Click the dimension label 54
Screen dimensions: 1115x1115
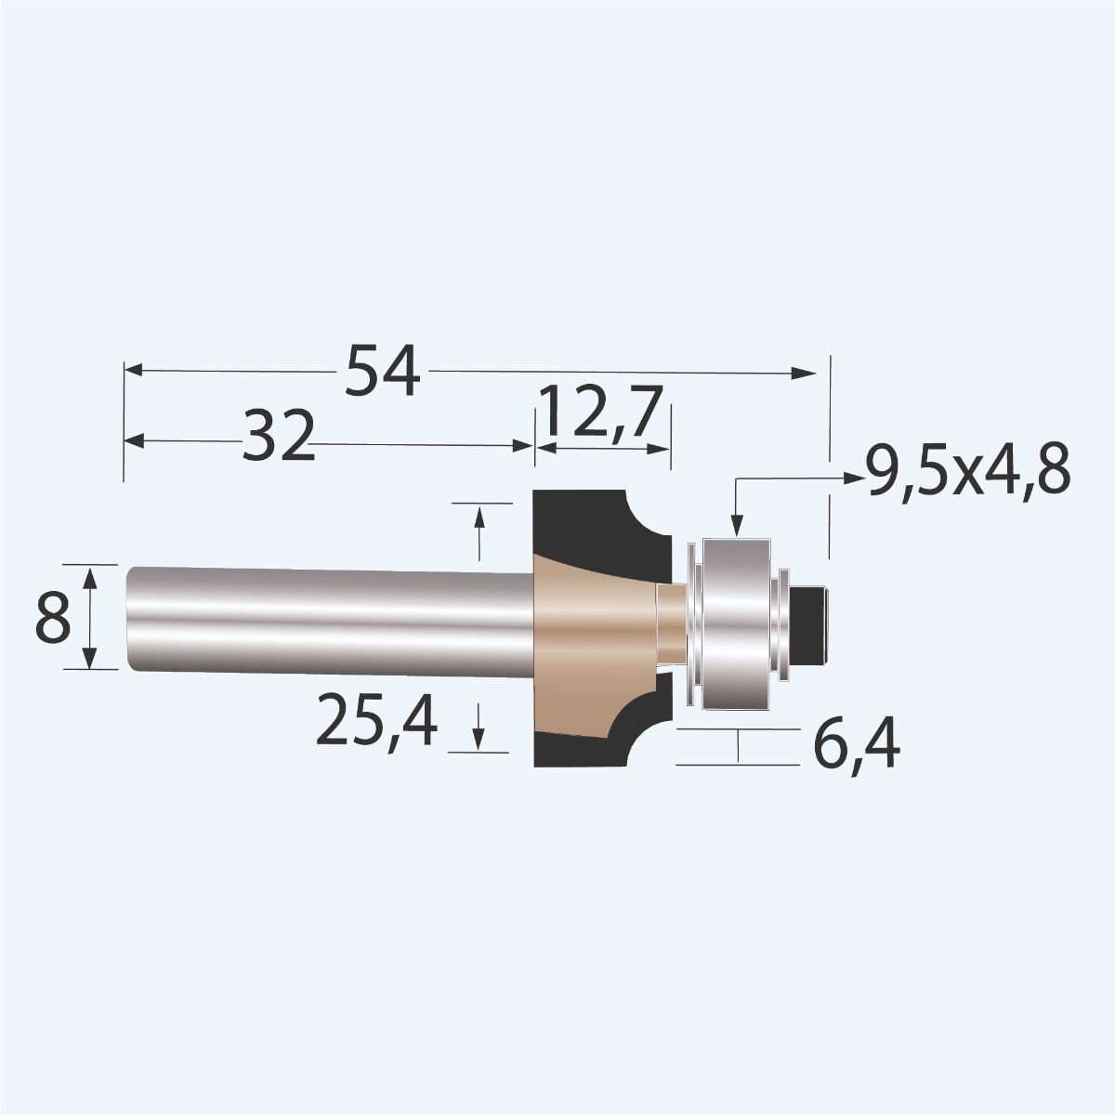tap(383, 371)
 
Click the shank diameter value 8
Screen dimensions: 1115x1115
tap(54, 619)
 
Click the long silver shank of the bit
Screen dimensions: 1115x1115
tap(325, 617)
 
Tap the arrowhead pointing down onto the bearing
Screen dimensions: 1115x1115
tap(735, 527)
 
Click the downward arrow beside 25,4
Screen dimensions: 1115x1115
tap(479, 738)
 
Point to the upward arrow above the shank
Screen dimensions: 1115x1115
tap(479, 517)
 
